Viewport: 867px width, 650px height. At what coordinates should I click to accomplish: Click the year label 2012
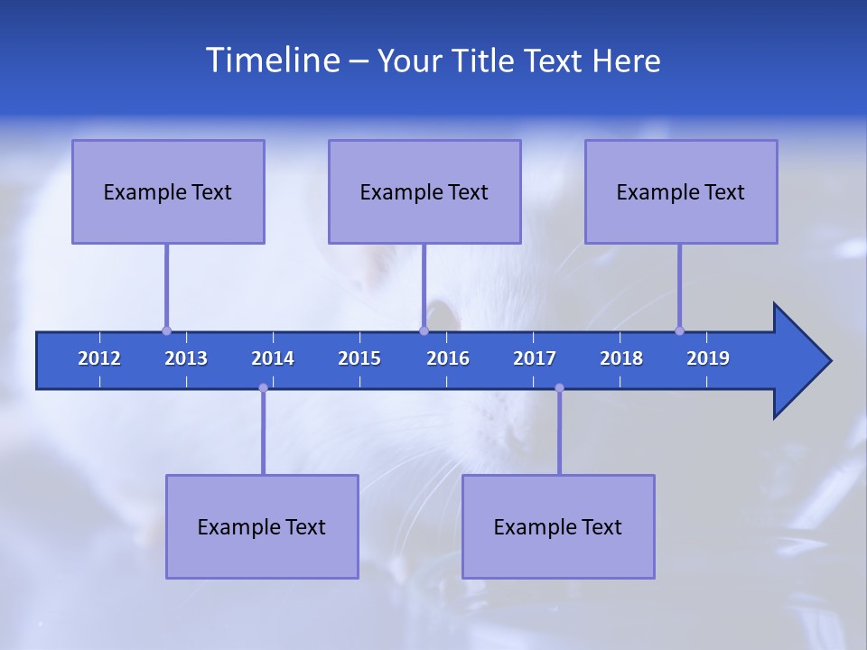click(x=99, y=358)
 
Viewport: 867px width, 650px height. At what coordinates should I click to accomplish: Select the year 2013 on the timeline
click(x=186, y=358)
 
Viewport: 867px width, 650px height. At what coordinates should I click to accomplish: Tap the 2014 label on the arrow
click(x=273, y=358)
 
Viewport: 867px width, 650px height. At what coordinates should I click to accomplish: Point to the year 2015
click(x=359, y=358)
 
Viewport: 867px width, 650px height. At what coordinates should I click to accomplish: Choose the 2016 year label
click(x=448, y=358)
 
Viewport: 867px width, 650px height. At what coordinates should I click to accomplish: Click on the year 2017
click(x=535, y=358)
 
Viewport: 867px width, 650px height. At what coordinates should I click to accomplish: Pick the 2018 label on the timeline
click(x=621, y=358)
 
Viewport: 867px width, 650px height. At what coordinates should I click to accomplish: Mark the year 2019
click(x=708, y=358)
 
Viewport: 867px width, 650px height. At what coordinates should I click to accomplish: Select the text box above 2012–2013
click(x=168, y=191)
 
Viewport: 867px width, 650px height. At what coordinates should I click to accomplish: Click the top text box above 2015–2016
click(x=424, y=191)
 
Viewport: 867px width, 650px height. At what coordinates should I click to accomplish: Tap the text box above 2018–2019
click(x=681, y=191)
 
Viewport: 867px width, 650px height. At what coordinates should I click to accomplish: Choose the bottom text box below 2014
click(x=262, y=526)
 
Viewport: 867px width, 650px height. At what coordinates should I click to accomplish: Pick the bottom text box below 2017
click(x=558, y=526)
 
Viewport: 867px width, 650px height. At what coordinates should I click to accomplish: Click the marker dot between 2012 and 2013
click(x=166, y=331)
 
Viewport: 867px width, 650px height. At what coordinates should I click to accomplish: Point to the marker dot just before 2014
click(x=263, y=388)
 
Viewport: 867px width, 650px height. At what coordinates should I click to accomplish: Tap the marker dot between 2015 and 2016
click(x=424, y=331)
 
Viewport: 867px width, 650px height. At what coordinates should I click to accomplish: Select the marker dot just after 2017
click(x=559, y=388)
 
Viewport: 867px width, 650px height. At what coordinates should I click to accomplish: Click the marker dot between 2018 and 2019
click(x=679, y=331)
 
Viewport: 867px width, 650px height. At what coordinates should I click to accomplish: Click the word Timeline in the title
click(x=272, y=60)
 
